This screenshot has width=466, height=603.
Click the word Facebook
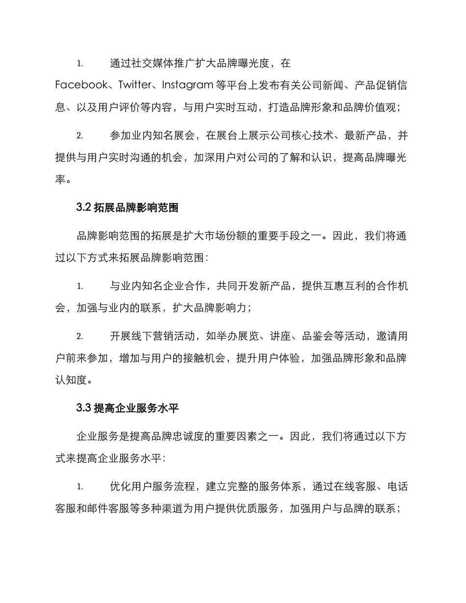81,85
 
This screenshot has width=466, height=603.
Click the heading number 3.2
83,208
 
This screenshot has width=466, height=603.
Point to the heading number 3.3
83,408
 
